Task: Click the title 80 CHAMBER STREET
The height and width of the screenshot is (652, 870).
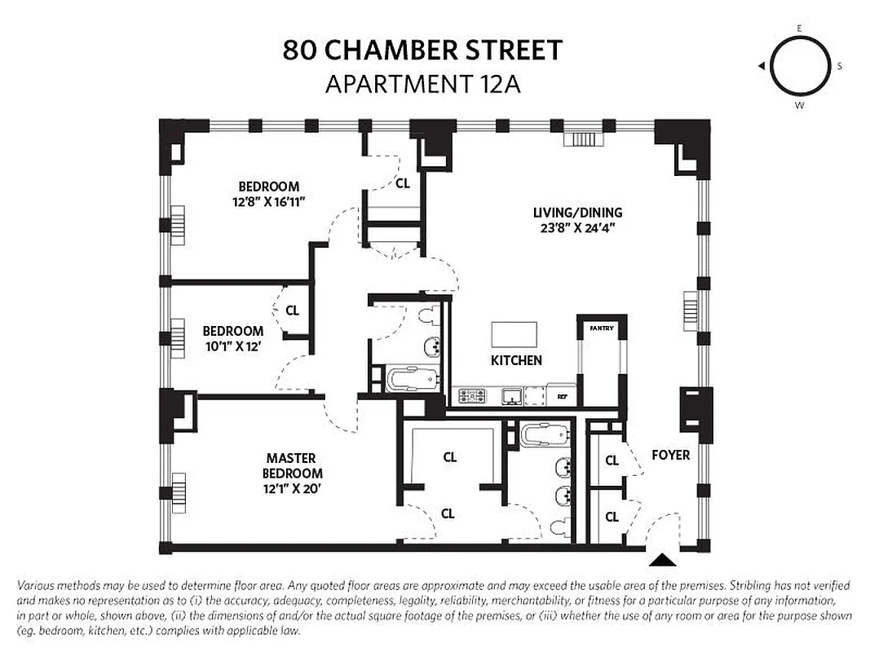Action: coord(422,51)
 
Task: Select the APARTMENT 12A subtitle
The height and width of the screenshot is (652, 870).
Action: coord(422,84)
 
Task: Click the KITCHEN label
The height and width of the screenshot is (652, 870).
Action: coord(516,360)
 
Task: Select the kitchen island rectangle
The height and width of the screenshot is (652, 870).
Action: coord(514,335)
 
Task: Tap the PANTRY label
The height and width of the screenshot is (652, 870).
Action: coord(602,328)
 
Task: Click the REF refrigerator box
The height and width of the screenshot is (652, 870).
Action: coord(562,397)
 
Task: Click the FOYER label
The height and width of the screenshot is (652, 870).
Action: coord(670,455)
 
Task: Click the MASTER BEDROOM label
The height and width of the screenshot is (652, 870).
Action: coord(291,465)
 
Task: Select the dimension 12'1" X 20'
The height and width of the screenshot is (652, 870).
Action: coord(291,487)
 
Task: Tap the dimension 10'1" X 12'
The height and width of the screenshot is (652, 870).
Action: coord(232,346)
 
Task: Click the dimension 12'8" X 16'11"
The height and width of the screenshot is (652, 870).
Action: coord(268,201)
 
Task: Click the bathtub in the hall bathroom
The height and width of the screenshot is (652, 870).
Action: coord(413,379)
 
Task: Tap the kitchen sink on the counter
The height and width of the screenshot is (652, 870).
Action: coord(511,397)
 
